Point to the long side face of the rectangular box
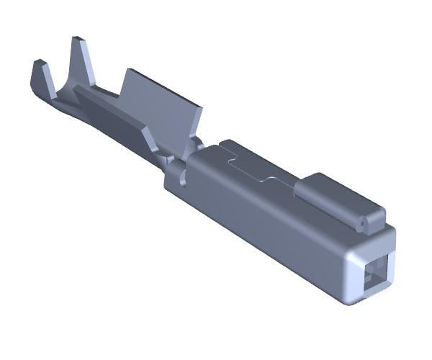coord(266,230)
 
